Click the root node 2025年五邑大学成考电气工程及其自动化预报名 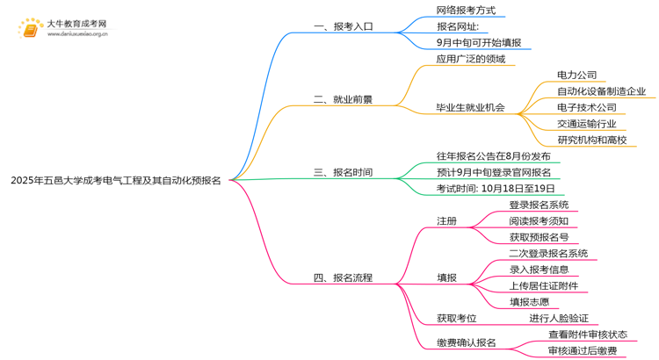pyautogui.click(x=115, y=180)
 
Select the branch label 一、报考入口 pyautogui.click(x=344, y=26)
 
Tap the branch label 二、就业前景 pyautogui.click(x=344, y=99)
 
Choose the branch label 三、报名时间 pyautogui.click(x=344, y=173)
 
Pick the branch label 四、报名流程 pyautogui.click(x=344, y=277)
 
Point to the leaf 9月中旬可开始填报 pyautogui.click(x=478, y=42)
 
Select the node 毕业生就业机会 pyautogui.click(x=470, y=107)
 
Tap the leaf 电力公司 pyautogui.click(x=576, y=76)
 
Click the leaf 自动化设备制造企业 pyautogui.click(x=601, y=91)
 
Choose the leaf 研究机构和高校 pyautogui.click(x=591, y=140)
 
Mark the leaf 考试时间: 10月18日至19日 pyautogui.click(x=496, y=189)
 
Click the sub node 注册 pyautogui.click(x=446, y=220)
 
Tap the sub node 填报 pyautogui.click(x=446, y=277)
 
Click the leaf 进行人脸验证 pyautogui.click(x=559, y=318)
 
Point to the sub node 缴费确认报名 pyautogui.click(x=466, y=342)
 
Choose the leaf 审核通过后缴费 pyautogui.click(x=582, y=350)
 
